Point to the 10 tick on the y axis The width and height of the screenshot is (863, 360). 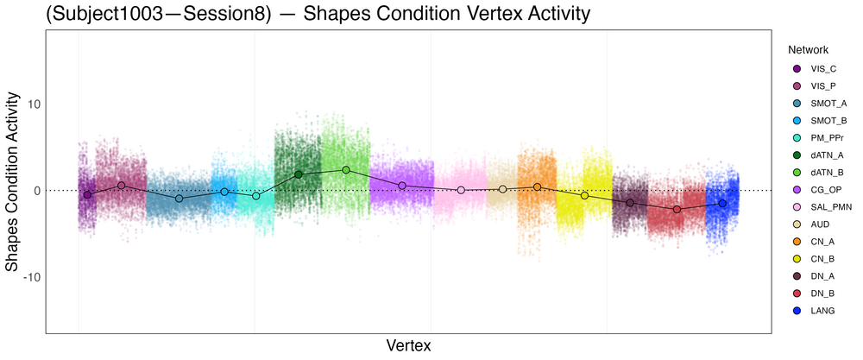point(42,104)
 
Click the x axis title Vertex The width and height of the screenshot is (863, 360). point(408,345)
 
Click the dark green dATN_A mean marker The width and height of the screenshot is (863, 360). point(299,174)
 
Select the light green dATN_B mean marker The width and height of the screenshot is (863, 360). point(346,170)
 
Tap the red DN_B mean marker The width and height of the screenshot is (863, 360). point(677,209)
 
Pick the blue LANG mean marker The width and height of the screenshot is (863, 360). point(722,204)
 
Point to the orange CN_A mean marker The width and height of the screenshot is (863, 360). point(537,186)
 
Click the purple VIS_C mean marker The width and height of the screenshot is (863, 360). point(87,195)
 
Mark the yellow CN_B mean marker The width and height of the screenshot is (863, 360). point(584,196)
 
